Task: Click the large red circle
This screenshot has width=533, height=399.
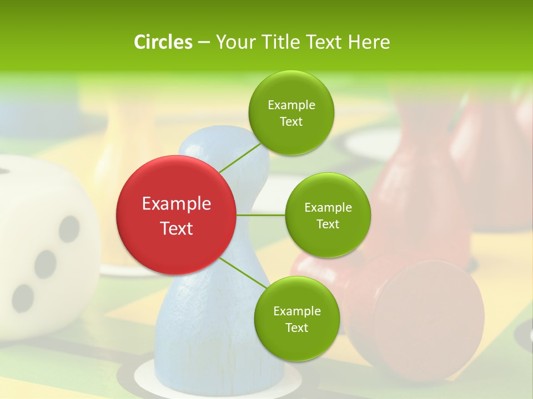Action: pyautogui.click(x=176, y=215)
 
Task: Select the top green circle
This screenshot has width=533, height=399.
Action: pyautogui.click(x=291, y=113)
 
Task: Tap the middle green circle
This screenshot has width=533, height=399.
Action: pyautogui.click(x=328, y=215)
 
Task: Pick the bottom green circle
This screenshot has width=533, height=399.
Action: pyautogui.click(x=296, y=319)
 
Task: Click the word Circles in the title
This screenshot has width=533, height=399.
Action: pyautogui.click(x=163, y=42)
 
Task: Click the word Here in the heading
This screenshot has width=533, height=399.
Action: pyautogui.click(x=370, y=42)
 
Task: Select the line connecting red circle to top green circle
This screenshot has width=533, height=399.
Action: pyautogui.click(x=240, y=157)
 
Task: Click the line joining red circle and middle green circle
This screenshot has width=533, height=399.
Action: pyautogui.click(x=261, y=215)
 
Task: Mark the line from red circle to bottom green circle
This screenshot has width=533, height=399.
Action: pyautogui.click(x=243, y=274)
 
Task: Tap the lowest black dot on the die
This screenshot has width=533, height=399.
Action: pyautogui.click(x=23, y=297)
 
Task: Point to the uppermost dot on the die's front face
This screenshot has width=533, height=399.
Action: pyautogui.click(x=69, y=228)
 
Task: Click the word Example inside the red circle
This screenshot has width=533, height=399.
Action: pyautogui.click(x=176, y=204)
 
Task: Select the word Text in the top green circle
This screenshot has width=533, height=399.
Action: pyautogui.click(x=291, y=122)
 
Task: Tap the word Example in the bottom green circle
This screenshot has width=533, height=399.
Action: pyautogui.click(x=296, y=311)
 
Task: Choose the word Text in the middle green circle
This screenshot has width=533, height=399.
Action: pyautogui.click(x=328, y=224)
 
